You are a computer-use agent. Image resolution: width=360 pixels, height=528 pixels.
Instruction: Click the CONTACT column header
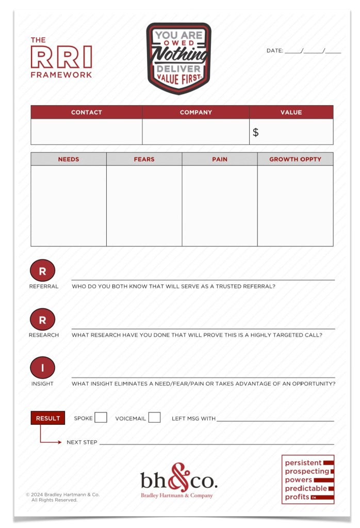tap(86, 112)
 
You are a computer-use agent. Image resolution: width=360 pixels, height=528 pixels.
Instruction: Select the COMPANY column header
tap(195, 112)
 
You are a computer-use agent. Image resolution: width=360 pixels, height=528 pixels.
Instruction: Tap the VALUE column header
tap(291, 112)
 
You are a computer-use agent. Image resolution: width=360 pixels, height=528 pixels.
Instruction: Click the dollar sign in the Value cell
tap(256, 133)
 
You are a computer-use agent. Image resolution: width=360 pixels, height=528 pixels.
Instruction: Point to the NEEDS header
tap(69, 159)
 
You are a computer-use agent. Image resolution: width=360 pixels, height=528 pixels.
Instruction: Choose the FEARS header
tap(144, 159)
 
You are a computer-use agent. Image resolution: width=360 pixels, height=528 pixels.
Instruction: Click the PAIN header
tap(220, 159)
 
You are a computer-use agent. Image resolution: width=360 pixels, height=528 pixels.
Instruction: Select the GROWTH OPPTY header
tap(295, 159)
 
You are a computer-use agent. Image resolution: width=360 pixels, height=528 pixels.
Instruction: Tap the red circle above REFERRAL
tap(43, 271)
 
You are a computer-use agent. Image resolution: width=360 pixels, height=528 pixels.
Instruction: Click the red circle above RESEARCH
tap(43, 320)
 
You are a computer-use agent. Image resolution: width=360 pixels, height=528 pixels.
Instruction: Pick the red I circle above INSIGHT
tap(43, 369)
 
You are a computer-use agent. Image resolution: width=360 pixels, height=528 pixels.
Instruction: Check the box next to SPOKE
tap(101, 418)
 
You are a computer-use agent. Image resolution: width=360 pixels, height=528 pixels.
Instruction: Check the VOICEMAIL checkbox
tap(154, 418)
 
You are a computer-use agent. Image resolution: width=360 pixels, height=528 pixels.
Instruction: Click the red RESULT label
tap(48, 418)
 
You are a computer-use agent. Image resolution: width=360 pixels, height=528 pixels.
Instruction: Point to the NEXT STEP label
tap(82, 442)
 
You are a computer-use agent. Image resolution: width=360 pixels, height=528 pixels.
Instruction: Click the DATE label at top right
tap(274, 51)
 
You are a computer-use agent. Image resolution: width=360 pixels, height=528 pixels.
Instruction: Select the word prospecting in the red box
tap(307, 471)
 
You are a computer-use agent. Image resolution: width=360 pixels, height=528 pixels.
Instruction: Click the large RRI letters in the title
tap(61, 56)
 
